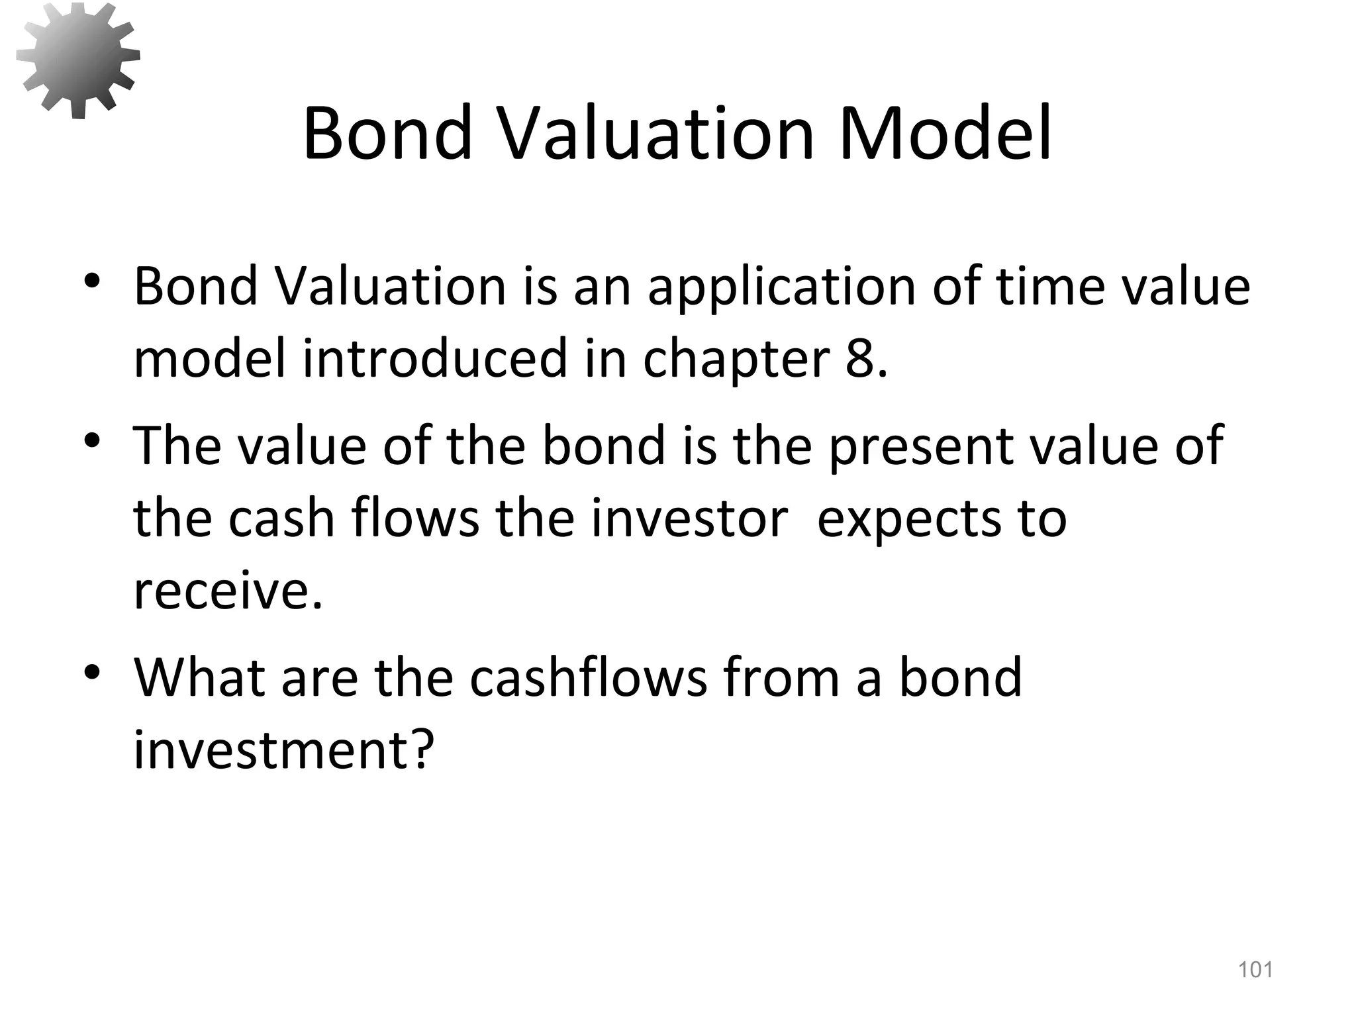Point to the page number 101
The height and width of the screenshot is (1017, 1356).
click(1255, 970)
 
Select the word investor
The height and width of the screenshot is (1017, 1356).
click(689, 518)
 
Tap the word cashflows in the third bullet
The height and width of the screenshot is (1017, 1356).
click(589, 678)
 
